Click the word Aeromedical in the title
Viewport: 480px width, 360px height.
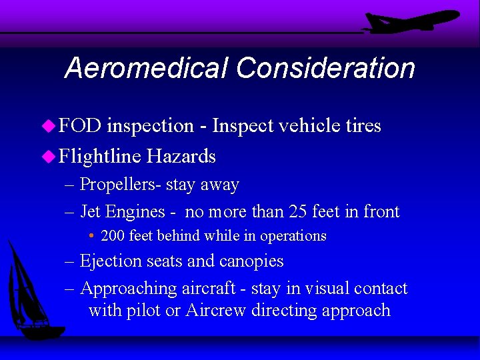pyautogui.click(x=146, y=68)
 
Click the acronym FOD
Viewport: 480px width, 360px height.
pyautogui.click(x=80, y=126)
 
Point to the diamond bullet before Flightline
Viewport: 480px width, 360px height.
pyautogui.click(x=50, y=157)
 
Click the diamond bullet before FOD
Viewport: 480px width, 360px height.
pyautogui.click(x=50, y=126)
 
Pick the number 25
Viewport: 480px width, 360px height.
pyautogui.click(x=299, y=212)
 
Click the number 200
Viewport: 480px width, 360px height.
pyautogui.click(x=113, y=236)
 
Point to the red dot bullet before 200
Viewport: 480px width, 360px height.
pyautogui.click(x=92, y=237)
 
